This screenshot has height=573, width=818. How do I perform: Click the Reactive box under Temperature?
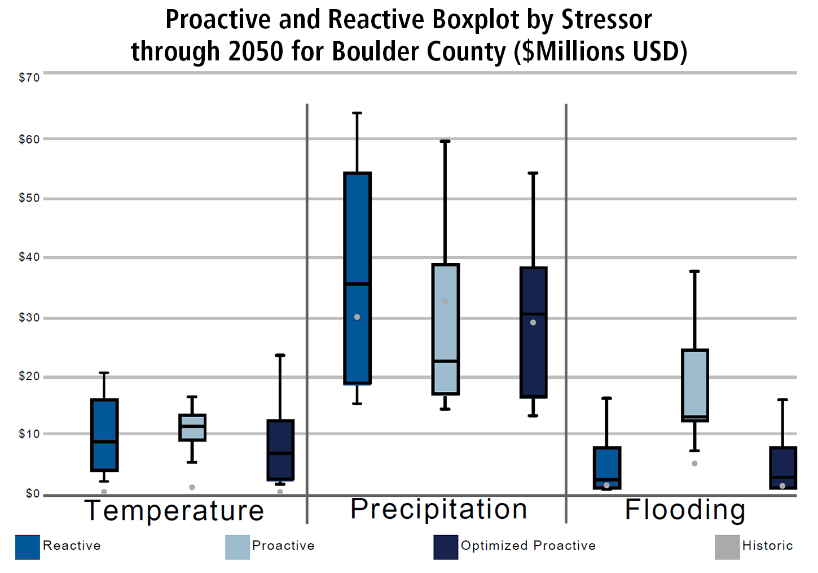point(104,435)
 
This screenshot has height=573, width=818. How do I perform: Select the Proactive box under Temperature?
point(192,427)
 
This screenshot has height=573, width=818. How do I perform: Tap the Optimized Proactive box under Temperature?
point(280,450)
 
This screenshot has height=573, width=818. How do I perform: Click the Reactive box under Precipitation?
point(357,278)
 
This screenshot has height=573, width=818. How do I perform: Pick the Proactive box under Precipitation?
point(445,329)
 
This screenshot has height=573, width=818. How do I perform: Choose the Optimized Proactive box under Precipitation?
point(533,332)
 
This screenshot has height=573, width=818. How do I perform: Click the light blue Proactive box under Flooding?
point(694,385)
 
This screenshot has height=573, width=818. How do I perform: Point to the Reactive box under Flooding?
point(607,467)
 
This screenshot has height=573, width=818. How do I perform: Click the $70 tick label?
point(29,78)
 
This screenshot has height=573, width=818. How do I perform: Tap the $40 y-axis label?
point(29,257)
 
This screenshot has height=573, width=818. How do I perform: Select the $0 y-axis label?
point(33,494)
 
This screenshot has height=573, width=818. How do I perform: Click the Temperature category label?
point(174,510)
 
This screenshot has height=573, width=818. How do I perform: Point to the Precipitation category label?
point(438,509)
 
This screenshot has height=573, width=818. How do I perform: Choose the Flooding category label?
point(685,509)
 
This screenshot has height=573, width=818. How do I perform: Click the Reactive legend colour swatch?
point(28,547)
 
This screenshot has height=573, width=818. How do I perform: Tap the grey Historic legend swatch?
point(727,547)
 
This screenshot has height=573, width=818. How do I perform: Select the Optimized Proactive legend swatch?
point(446,547)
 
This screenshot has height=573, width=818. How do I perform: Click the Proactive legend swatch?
point(238,547)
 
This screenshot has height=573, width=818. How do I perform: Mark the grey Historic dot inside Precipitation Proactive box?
point(445,301)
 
